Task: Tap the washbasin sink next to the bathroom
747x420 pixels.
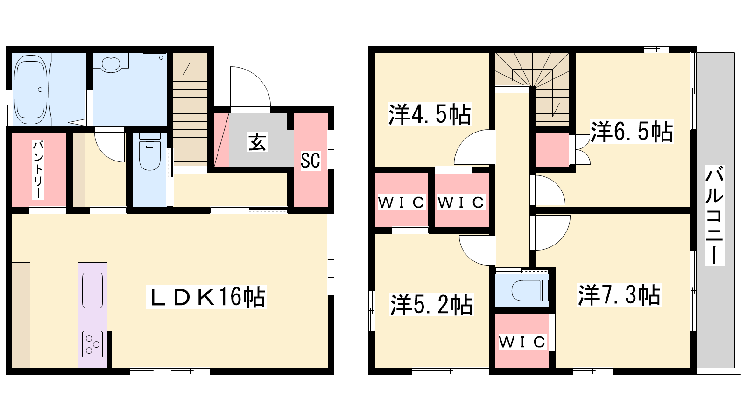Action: pyautogui.click(x=111, y=63)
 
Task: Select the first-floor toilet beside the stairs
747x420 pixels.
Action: pyautogui.click(x=150, y=152)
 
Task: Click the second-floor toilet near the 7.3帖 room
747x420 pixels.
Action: pyautogui.click(x=530, y=290)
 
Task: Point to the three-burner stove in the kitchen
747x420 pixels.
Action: pyautogui.click(x=92, y=344)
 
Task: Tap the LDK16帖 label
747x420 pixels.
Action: pyautogui.click(x=206, y=297)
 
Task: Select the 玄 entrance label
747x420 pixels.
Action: pyautogui.click(x=257, y=142)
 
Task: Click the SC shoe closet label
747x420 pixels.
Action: pyautogui.click(x=310, y=160)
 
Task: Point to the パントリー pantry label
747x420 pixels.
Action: pyautogui.click(x=38, y=170)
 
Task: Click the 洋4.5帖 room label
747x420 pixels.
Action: pyautogui.click(x=430, y=114)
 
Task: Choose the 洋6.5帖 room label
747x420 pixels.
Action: pyautogui.click(x=632, y=132)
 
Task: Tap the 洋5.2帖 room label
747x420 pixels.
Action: pyautogui.click(x=431, y=304)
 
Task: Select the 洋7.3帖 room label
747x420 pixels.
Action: pyautogui.click(x=619, y=295)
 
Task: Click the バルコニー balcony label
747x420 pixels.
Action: pyautogui.click(x=714, y=215)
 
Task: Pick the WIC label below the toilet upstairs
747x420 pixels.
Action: pyautogui.click(x=522, y=342)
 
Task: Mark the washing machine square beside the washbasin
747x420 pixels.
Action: pyautogui.click(x=155, y=64)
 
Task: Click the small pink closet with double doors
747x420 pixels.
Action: pyautogui.click(x=552, y=149)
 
